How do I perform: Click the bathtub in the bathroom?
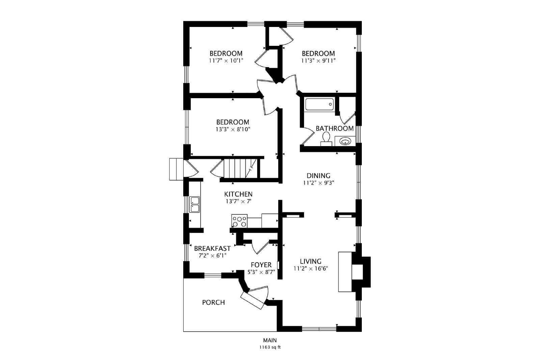319,104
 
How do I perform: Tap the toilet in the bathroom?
326,139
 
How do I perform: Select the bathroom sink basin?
345,141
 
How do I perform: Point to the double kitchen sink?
194,204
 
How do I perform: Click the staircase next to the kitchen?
241,168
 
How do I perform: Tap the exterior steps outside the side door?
177,169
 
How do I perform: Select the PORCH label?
213,302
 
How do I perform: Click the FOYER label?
261,265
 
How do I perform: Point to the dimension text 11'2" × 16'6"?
311,269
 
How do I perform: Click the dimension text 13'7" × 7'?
238,201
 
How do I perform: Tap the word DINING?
318,175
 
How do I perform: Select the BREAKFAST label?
212,248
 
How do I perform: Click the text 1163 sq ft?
270,347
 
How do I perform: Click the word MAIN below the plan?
270,340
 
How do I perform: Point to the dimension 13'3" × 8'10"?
233,130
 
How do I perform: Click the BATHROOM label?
334,129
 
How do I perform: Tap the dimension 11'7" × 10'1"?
226,60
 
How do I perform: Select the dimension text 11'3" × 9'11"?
318,60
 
